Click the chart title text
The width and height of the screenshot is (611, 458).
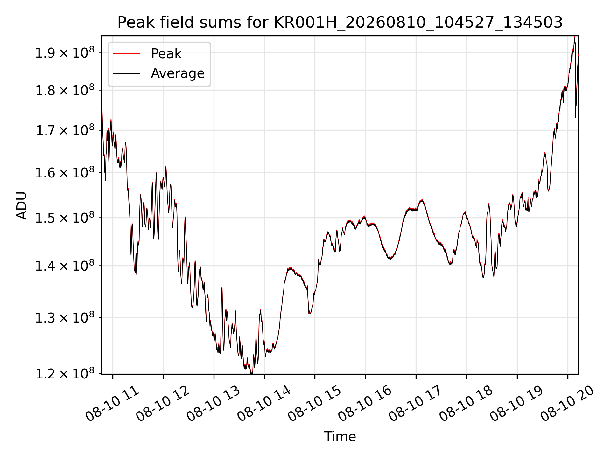tap(340, 23)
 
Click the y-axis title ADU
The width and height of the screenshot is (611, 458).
tap(22, 205)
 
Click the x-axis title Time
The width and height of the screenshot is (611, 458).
tap(340, 436)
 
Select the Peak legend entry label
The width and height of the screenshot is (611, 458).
tap(166, 54)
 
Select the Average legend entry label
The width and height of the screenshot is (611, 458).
tap(178, 73)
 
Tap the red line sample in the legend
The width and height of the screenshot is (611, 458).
tap(127, 54)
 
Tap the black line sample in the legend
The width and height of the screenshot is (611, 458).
tap(127, 73)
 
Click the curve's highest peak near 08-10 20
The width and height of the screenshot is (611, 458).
tap(574, 37)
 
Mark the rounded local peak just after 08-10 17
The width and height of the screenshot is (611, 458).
tap(422, 200)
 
